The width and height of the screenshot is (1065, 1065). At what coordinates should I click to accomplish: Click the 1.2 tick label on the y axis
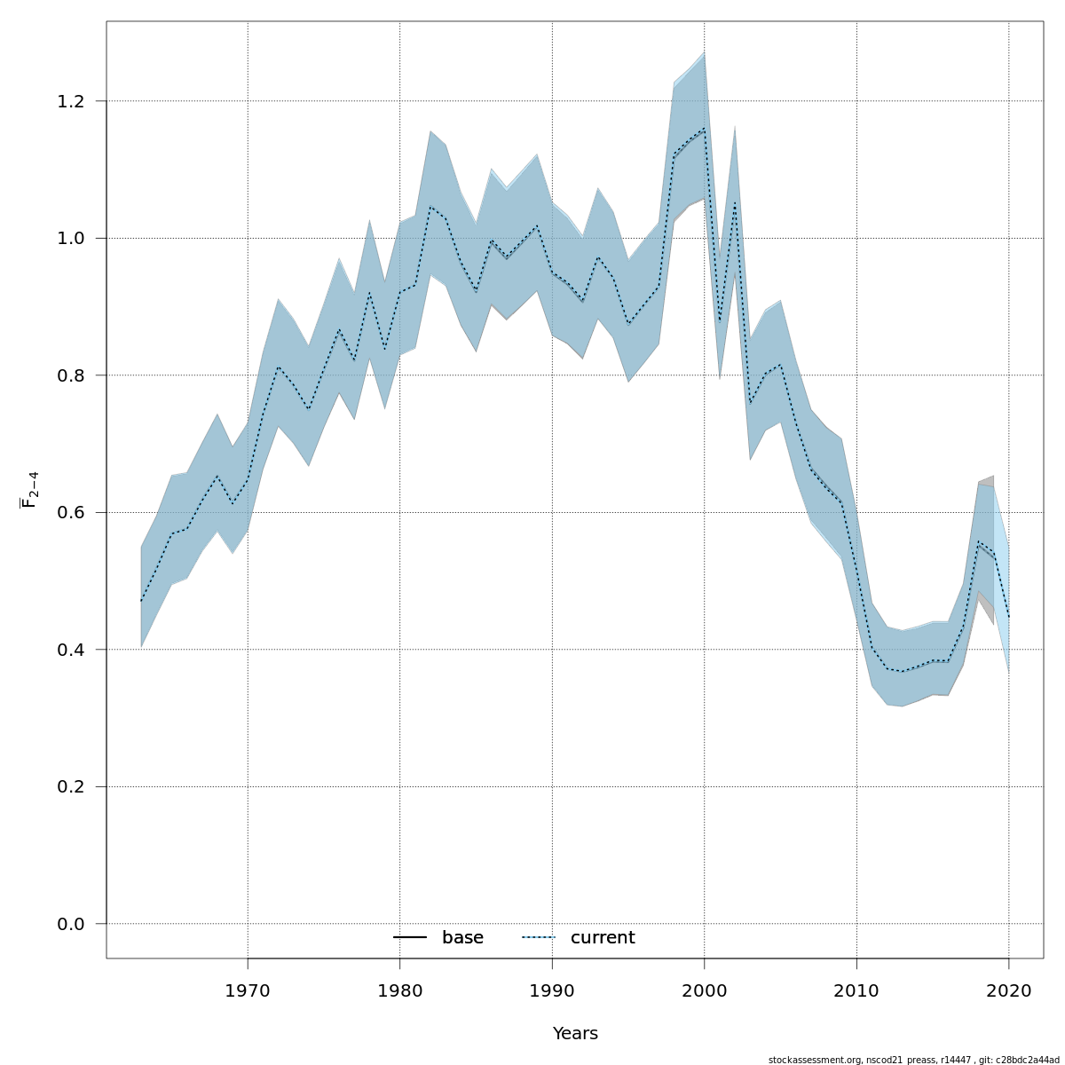[76, 101]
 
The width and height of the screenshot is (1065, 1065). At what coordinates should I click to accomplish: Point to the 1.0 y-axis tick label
[76, 239]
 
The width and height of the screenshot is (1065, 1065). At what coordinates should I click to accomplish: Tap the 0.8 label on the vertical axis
[76, 375]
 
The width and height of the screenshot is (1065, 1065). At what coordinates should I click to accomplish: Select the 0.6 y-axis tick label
[76, 513]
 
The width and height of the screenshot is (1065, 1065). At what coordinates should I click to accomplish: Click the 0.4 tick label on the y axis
[76, 650]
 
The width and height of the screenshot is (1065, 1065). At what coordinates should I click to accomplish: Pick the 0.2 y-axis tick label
[76, 787]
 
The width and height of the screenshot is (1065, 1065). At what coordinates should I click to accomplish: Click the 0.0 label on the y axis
[76, 924]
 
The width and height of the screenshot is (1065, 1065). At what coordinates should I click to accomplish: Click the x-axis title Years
[575, 1034]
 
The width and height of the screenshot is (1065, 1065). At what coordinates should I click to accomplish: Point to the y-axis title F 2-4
[29, 489]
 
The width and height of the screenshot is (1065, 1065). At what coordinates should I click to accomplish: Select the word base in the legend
[462, 938]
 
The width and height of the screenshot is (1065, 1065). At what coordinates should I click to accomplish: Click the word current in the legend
[603, 938]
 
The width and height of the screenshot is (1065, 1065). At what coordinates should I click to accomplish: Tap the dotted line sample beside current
[538, 938]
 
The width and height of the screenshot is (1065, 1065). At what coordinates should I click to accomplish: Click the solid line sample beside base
[410, 938]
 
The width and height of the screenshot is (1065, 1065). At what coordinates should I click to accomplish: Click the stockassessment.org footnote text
[913, 1060]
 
